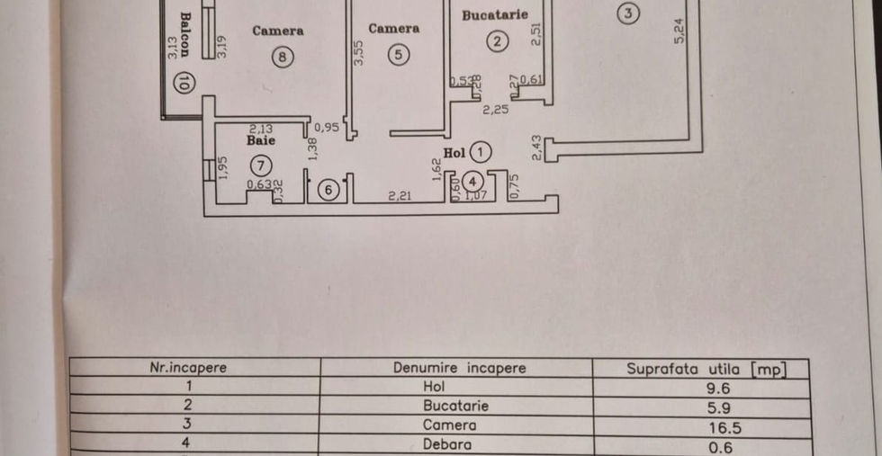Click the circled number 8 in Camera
pyautogui.click(x=283, y=57)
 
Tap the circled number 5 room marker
pyautogui.click(x=400, y=55)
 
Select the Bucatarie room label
pyautogui.click(x=494, y=14)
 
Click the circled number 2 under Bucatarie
pyautogui.click(x=496, y=40)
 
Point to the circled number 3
pyautogui.click(x=628, y=13)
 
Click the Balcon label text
pyautogui.click(x=184, y=34)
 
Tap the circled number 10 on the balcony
pyautogui.click(x=184, y=84)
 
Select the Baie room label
pyautogui.click(x=261, y=141)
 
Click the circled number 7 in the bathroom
pyautogui.click(x=260, y=165)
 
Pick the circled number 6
pyautogui.click(x=329, y=190)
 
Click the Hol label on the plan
pyautogui.click(x=454, y=152)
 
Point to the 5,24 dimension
pyautogui.click(x=679, y=31)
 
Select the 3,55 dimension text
pyautogui.click(x=358, y=56)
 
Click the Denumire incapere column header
pyautogui.click(x=459, y=368)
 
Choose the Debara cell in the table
pyautogui.click(x=455, y=443)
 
